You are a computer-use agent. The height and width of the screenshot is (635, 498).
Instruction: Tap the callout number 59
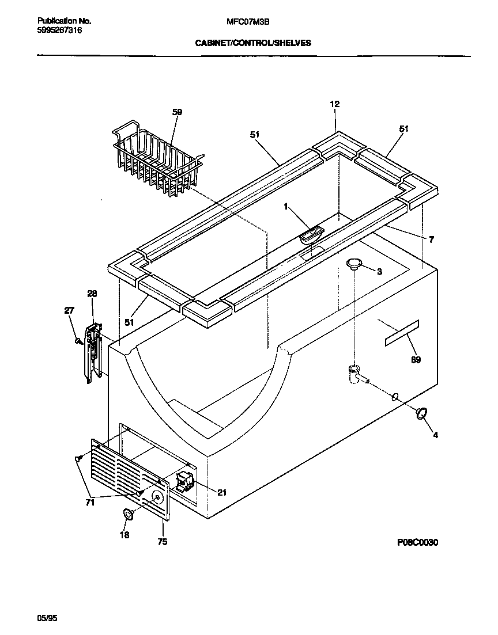[x=177, y=112]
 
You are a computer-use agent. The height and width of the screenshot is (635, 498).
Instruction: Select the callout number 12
[x=334, y=104]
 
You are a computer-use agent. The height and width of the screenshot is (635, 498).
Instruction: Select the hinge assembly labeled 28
[x=93, y=351]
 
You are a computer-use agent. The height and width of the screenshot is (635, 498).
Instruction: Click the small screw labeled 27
[x=77, y=341]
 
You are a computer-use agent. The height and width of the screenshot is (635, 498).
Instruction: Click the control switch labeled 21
[x=184, y=481]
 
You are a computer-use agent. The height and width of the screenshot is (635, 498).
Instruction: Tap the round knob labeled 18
[x=129, y=514]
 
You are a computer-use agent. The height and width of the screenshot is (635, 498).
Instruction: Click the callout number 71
[x=89, y=503]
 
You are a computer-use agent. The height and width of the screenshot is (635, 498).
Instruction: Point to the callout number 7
[x=431, y=239]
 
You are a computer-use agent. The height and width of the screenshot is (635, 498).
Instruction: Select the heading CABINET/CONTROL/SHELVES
[x=253, y=43]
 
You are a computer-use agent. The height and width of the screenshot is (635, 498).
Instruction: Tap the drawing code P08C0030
[x=418, y=542]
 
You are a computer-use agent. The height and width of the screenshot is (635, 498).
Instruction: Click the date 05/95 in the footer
[x=47, y=618]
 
